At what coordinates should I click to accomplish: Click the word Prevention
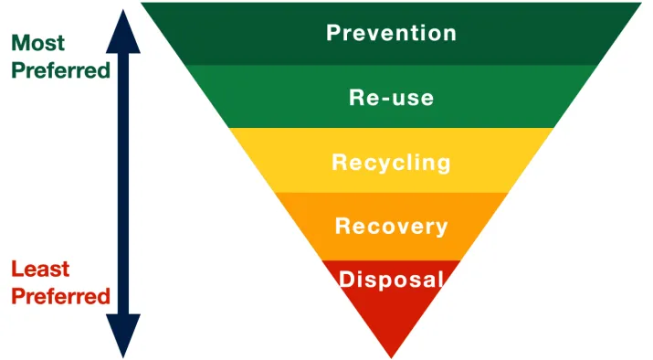pyautogui.click(x=391, y=34)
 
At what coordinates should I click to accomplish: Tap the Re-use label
pyautogui.click(x=391, y=97)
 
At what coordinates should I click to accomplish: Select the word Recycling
pyautogui.click(x=391, y=163)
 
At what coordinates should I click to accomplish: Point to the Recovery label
pyautogui.click(x=391, y=226)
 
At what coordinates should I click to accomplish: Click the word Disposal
pyautogui.click(x=391, y=279)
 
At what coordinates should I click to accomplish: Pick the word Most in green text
pyautogui.click(x=37, y=43)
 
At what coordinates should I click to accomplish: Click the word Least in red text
pyautogui.click(x=40, y=270)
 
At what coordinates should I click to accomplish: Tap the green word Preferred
pyautogui.click(x=60, y=69)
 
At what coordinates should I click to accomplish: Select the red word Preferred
pyautogui.click(x=60, y=296)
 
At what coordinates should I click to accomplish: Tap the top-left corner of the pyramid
pyautogui.click(x=142, y=3)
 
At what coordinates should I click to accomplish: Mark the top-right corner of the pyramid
pyautogui.click(x=642, y=3)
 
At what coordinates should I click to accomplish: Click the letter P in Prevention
pyautogui.click(x=334, y=34)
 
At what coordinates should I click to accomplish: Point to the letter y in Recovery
pyautogui.click(x=440, y=228)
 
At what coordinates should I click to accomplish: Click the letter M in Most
pyautogui.click(x=20, y=43)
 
